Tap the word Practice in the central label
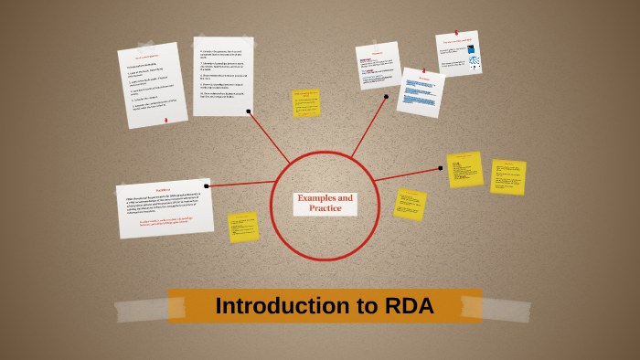[x=325, y=208]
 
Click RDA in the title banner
[x=408, y=306]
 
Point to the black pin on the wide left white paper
[x=207, y=185]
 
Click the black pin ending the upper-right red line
[x=386, y=96]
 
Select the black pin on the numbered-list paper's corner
[x=250, y=112]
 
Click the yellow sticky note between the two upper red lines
[x=306, y=102]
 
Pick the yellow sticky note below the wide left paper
[x=243, y=226]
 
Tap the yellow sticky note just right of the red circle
[x=410, y=203]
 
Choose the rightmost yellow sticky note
[x=507, y=177]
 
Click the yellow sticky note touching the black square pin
[x=464, y=169]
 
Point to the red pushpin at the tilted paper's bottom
[x=165, y=120]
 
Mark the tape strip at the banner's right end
[x=506, y=307]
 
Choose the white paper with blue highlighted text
[x=421, y=92]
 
